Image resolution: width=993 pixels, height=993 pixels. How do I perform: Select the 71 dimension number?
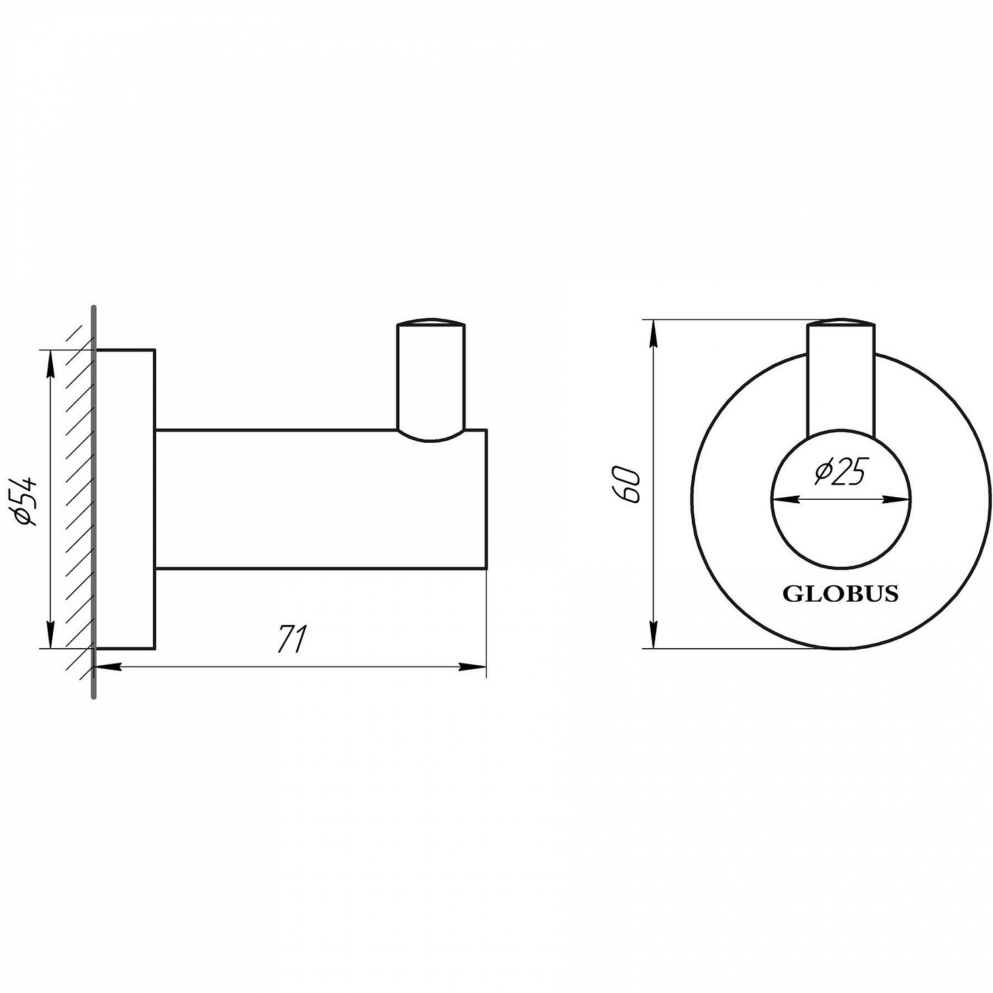(291, 639)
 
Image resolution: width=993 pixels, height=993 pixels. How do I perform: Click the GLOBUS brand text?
(841, 594)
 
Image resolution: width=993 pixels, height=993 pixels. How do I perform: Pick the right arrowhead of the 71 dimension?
(473, 667)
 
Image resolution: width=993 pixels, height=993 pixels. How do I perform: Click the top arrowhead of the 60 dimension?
(654, 334)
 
